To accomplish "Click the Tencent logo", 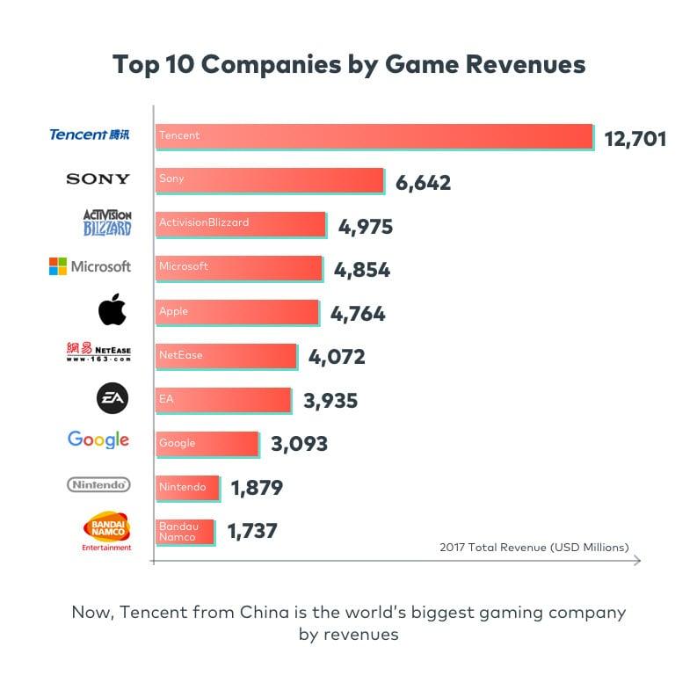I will click(89, 134).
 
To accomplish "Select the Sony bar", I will click(270, 180).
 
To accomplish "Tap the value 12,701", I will click(635, 138).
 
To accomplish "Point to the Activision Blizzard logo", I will click(107, 222).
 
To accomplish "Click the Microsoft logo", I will click(90, 266).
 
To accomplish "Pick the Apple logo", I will click(113, 310).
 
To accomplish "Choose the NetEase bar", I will click(226, 356).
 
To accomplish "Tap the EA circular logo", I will click(112, 399).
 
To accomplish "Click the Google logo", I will click(98, 440).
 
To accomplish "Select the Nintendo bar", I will click(186, 488).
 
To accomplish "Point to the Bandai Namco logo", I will click(106, 530).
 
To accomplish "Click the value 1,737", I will click(252, 531).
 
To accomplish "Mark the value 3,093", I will click(299, 444).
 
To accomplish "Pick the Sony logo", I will click(98, 179).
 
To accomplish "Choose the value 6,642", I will click(423, 183).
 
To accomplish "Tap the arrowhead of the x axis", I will click(637, 560).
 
